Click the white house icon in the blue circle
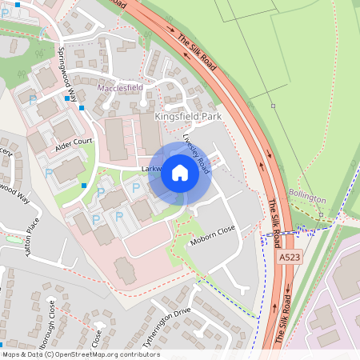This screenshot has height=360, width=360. [180, 173]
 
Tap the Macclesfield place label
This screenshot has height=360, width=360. [119, 88]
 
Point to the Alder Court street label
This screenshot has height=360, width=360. [74, 146]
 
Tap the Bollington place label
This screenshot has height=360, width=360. [307, 198]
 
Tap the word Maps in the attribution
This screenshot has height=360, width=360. [11, 354]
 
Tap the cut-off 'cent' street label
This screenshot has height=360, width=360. [6, 152]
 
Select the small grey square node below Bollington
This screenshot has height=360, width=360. [320, 214]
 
